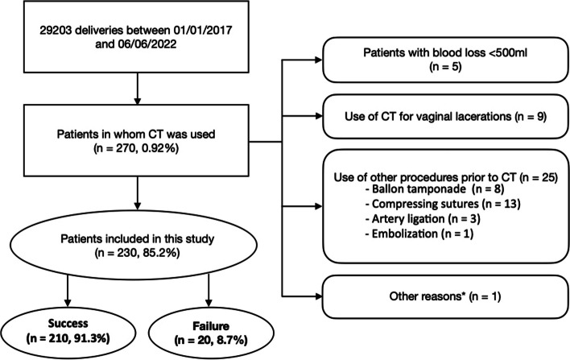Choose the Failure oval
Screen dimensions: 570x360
click(211, 333)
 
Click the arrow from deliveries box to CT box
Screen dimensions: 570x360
click(137, 89)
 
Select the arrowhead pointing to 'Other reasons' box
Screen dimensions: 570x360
click(319, 296)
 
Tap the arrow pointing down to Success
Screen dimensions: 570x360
click(68, 290)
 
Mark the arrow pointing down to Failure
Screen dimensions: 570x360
click(209, 290)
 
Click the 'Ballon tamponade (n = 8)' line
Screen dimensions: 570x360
click(435, 189)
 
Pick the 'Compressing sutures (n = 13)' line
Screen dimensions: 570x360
click(443, 204)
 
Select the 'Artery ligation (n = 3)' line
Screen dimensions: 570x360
click(423, 219)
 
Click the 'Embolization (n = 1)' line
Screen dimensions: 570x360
click(419, 234)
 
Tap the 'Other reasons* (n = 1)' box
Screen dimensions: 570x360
click(445, 296)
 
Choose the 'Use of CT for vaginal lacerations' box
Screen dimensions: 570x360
click(445, 116)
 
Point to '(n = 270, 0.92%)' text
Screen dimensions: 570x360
click(136, 149)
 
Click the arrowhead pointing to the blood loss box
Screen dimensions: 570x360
click(319, 60)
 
